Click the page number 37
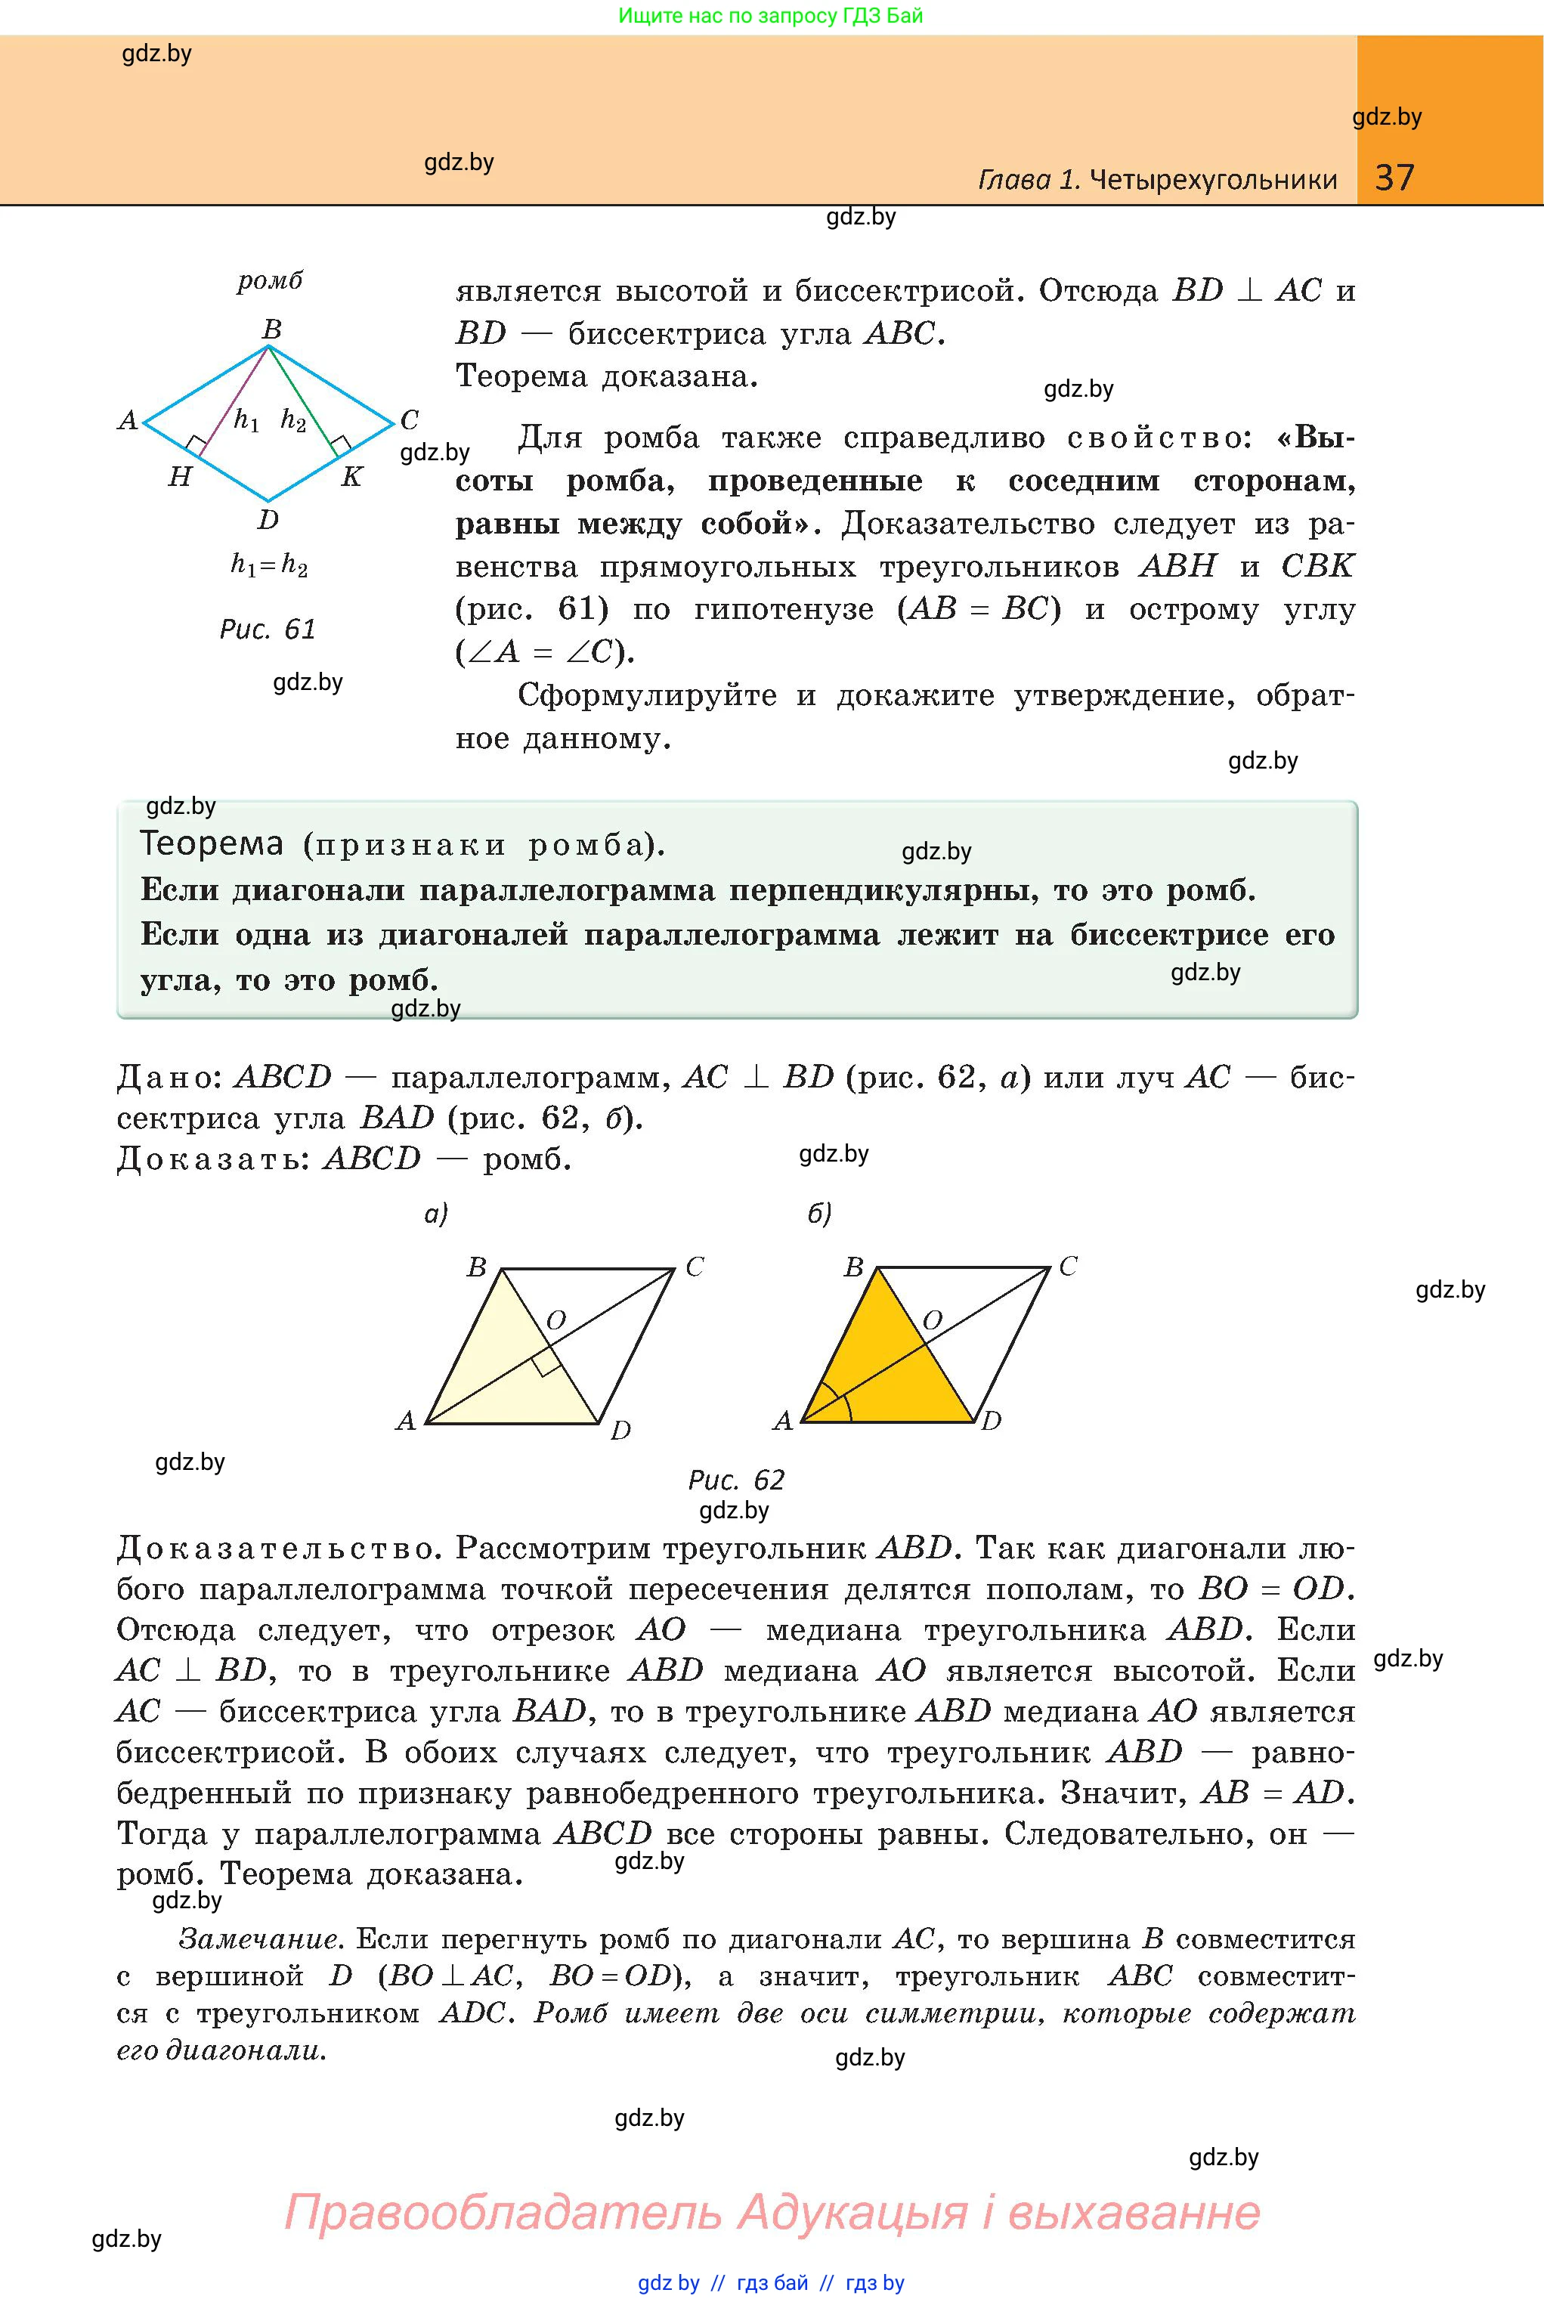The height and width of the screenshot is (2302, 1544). [1394, 178]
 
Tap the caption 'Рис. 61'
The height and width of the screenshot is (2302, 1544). [268, 630]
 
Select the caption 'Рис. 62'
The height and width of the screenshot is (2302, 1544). [737, 1480]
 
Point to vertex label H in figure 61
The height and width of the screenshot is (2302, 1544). [180, 478]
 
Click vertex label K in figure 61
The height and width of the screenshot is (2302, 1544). [351, 478]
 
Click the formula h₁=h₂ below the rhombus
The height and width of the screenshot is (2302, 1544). [269, 565]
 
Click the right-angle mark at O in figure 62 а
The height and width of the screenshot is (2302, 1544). [547, 1363]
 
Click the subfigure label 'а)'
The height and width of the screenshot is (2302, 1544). [436, 1214]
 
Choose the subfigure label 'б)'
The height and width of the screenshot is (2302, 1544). [819, 1214]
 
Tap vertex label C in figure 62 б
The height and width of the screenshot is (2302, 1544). [1069, 1266]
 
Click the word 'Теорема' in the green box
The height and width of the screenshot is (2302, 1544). [212, 844]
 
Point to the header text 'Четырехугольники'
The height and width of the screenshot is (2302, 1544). [1214, 179]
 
